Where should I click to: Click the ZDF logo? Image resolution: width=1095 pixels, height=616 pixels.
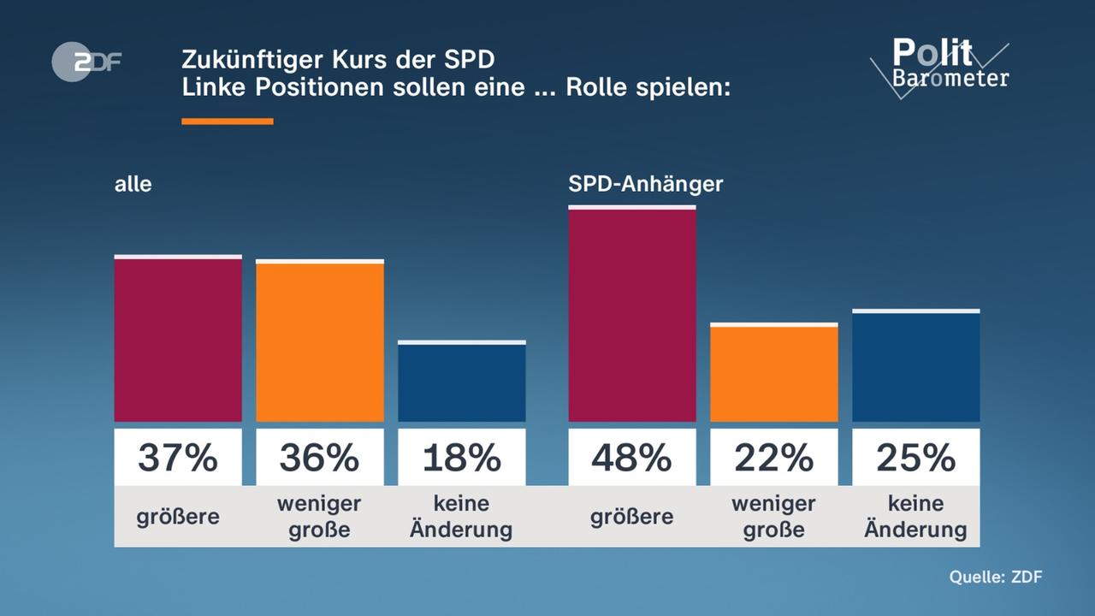pos(86,62)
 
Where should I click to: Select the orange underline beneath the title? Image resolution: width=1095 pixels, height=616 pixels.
pos(228,121)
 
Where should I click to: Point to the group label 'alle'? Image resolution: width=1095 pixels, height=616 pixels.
pos(133,184)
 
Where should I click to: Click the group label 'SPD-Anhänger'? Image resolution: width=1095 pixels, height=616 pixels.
pos(646,184)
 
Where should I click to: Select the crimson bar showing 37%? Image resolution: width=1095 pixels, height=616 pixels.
pos(178,340)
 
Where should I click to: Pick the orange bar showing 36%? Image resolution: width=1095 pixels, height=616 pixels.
pos(320,342)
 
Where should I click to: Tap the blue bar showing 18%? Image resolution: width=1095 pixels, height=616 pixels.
pos(462,382)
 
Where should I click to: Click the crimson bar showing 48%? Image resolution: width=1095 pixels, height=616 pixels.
pos(632,315)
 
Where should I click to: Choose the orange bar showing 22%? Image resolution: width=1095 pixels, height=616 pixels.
pos(774,374)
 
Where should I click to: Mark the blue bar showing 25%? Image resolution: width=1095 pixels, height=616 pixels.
pos(916,367)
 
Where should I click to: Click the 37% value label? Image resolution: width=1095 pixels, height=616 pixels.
pos(178,459)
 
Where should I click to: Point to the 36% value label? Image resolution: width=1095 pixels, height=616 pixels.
pos(320,459)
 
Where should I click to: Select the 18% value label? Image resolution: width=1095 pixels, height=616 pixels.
pos(462,459)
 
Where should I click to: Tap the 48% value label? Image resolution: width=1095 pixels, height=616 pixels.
pos(632,459)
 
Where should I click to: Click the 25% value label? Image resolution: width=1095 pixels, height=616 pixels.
pos(916,459)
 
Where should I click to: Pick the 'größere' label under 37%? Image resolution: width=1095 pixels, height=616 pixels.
pos(178,517)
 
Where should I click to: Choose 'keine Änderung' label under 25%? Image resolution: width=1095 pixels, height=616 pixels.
pos(916,517)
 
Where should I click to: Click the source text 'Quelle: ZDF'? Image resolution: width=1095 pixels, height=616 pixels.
pos(996,577)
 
